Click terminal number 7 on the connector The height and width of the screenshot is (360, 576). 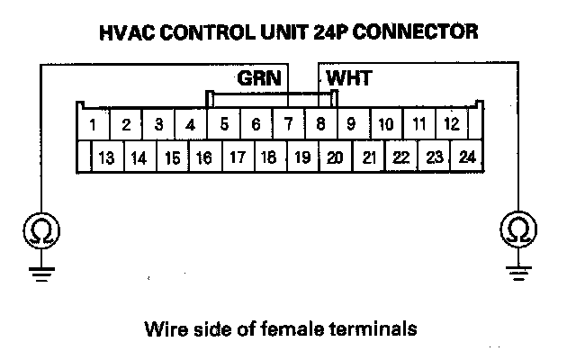coord(287,123)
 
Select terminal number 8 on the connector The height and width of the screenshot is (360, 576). coord(321,123)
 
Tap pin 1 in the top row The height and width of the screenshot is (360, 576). coord(94,123)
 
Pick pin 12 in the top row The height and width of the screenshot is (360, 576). coord(453,123)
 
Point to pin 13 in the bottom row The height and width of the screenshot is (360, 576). coord(106,157)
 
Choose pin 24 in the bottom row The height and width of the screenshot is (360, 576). coord(466,157)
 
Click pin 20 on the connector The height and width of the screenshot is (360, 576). coord(334,157)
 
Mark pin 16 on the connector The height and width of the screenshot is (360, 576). coord(204,157)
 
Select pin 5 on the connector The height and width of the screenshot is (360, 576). coord(223,123)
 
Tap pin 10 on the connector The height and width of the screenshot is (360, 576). coord(385,123)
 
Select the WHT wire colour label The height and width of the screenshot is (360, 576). coord(348,78)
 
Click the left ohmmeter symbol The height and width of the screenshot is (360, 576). coord(40,232)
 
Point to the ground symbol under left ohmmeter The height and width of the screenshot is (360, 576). coord(40,272)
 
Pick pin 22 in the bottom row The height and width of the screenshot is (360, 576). coord(401,157)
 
